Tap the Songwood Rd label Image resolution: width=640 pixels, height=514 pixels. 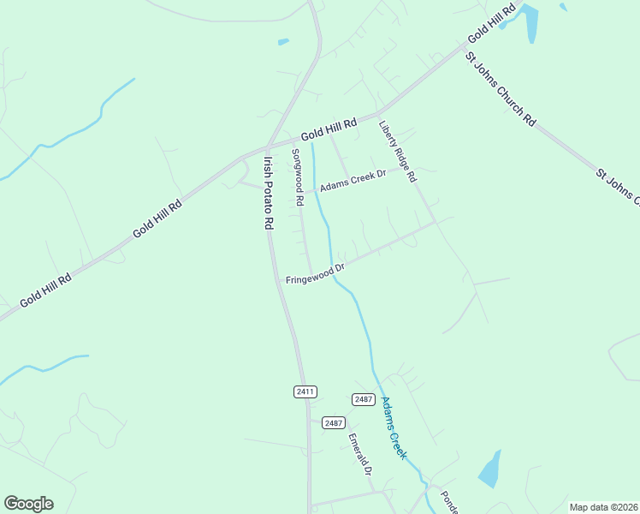pos(298,178)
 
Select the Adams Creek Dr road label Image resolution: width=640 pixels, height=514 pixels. pos(353,181)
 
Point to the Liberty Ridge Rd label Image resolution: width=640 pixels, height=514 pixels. pos(397,152)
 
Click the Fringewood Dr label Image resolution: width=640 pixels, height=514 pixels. pos(315,273)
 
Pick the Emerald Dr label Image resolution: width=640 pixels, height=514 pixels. pos(359,454)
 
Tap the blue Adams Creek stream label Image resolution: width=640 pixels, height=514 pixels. pos(393,428)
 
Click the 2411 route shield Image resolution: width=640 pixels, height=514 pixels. pos(305,391)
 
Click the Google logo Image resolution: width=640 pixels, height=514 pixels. pos(28,504)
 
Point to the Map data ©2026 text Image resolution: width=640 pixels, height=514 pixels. pos(603,507)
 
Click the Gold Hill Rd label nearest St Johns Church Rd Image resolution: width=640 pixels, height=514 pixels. pos(491,25)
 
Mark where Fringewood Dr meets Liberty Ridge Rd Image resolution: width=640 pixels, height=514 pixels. pos(435,223)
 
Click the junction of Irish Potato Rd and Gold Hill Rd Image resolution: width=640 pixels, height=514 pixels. pos(268,146)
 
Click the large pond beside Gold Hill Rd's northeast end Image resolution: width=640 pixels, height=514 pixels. pos(530,23)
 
